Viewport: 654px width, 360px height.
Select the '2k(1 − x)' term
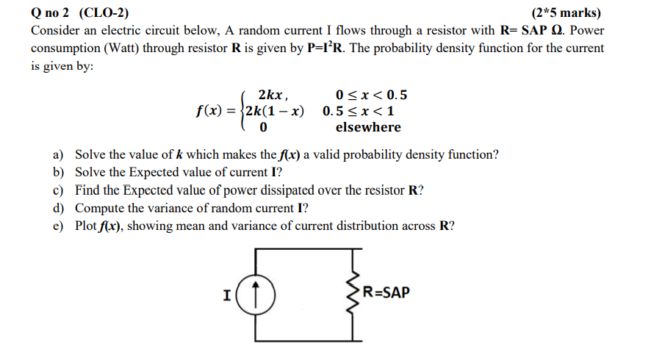275,112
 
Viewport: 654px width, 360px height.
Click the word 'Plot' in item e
86,226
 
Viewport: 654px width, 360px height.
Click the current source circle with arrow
256,295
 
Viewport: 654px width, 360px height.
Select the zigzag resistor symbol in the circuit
355,295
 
